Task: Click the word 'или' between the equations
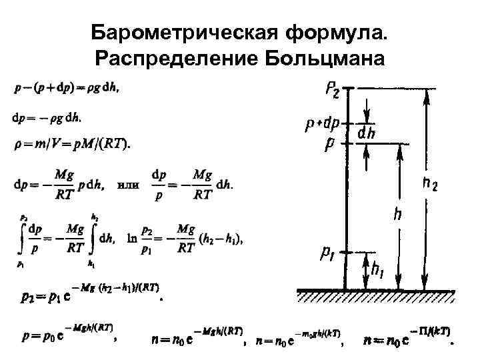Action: pos(128,184)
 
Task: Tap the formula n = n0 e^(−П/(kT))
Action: pos(406,337)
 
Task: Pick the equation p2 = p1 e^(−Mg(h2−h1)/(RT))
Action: pos(87,294)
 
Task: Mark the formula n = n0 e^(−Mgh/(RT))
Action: pos(197,337)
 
